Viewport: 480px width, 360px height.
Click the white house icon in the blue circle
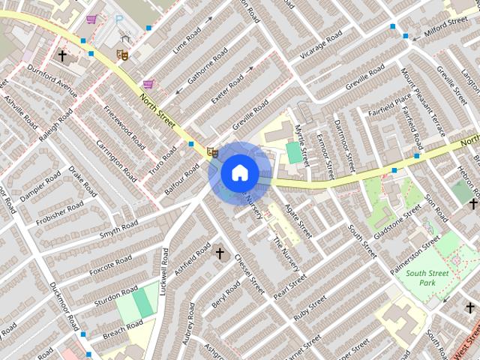pyautogui.click(x=239, y=172)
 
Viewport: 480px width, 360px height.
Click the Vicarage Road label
pyautogui.click(x=320, y=45)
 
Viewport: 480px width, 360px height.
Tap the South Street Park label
pyautogui.click(x=427, y=277)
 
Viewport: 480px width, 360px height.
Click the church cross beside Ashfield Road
pyautogui.click(x=220, y=253)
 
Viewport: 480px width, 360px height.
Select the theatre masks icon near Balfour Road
pyautogui.click(x=212, y=152)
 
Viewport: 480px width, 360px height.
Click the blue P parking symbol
pyautogui.click(x=118, y=19)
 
